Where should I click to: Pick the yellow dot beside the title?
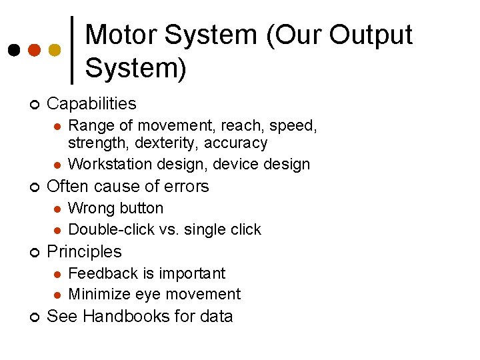click(x=55, y=50)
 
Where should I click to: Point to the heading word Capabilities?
click(x=92, y=104)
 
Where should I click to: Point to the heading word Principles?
click(x=85, y=251)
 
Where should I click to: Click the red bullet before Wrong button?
click(x=57, y=209)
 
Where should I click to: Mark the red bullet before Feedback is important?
click(x=57, y=274)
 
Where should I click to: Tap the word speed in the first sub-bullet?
click(x=294, y=125)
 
